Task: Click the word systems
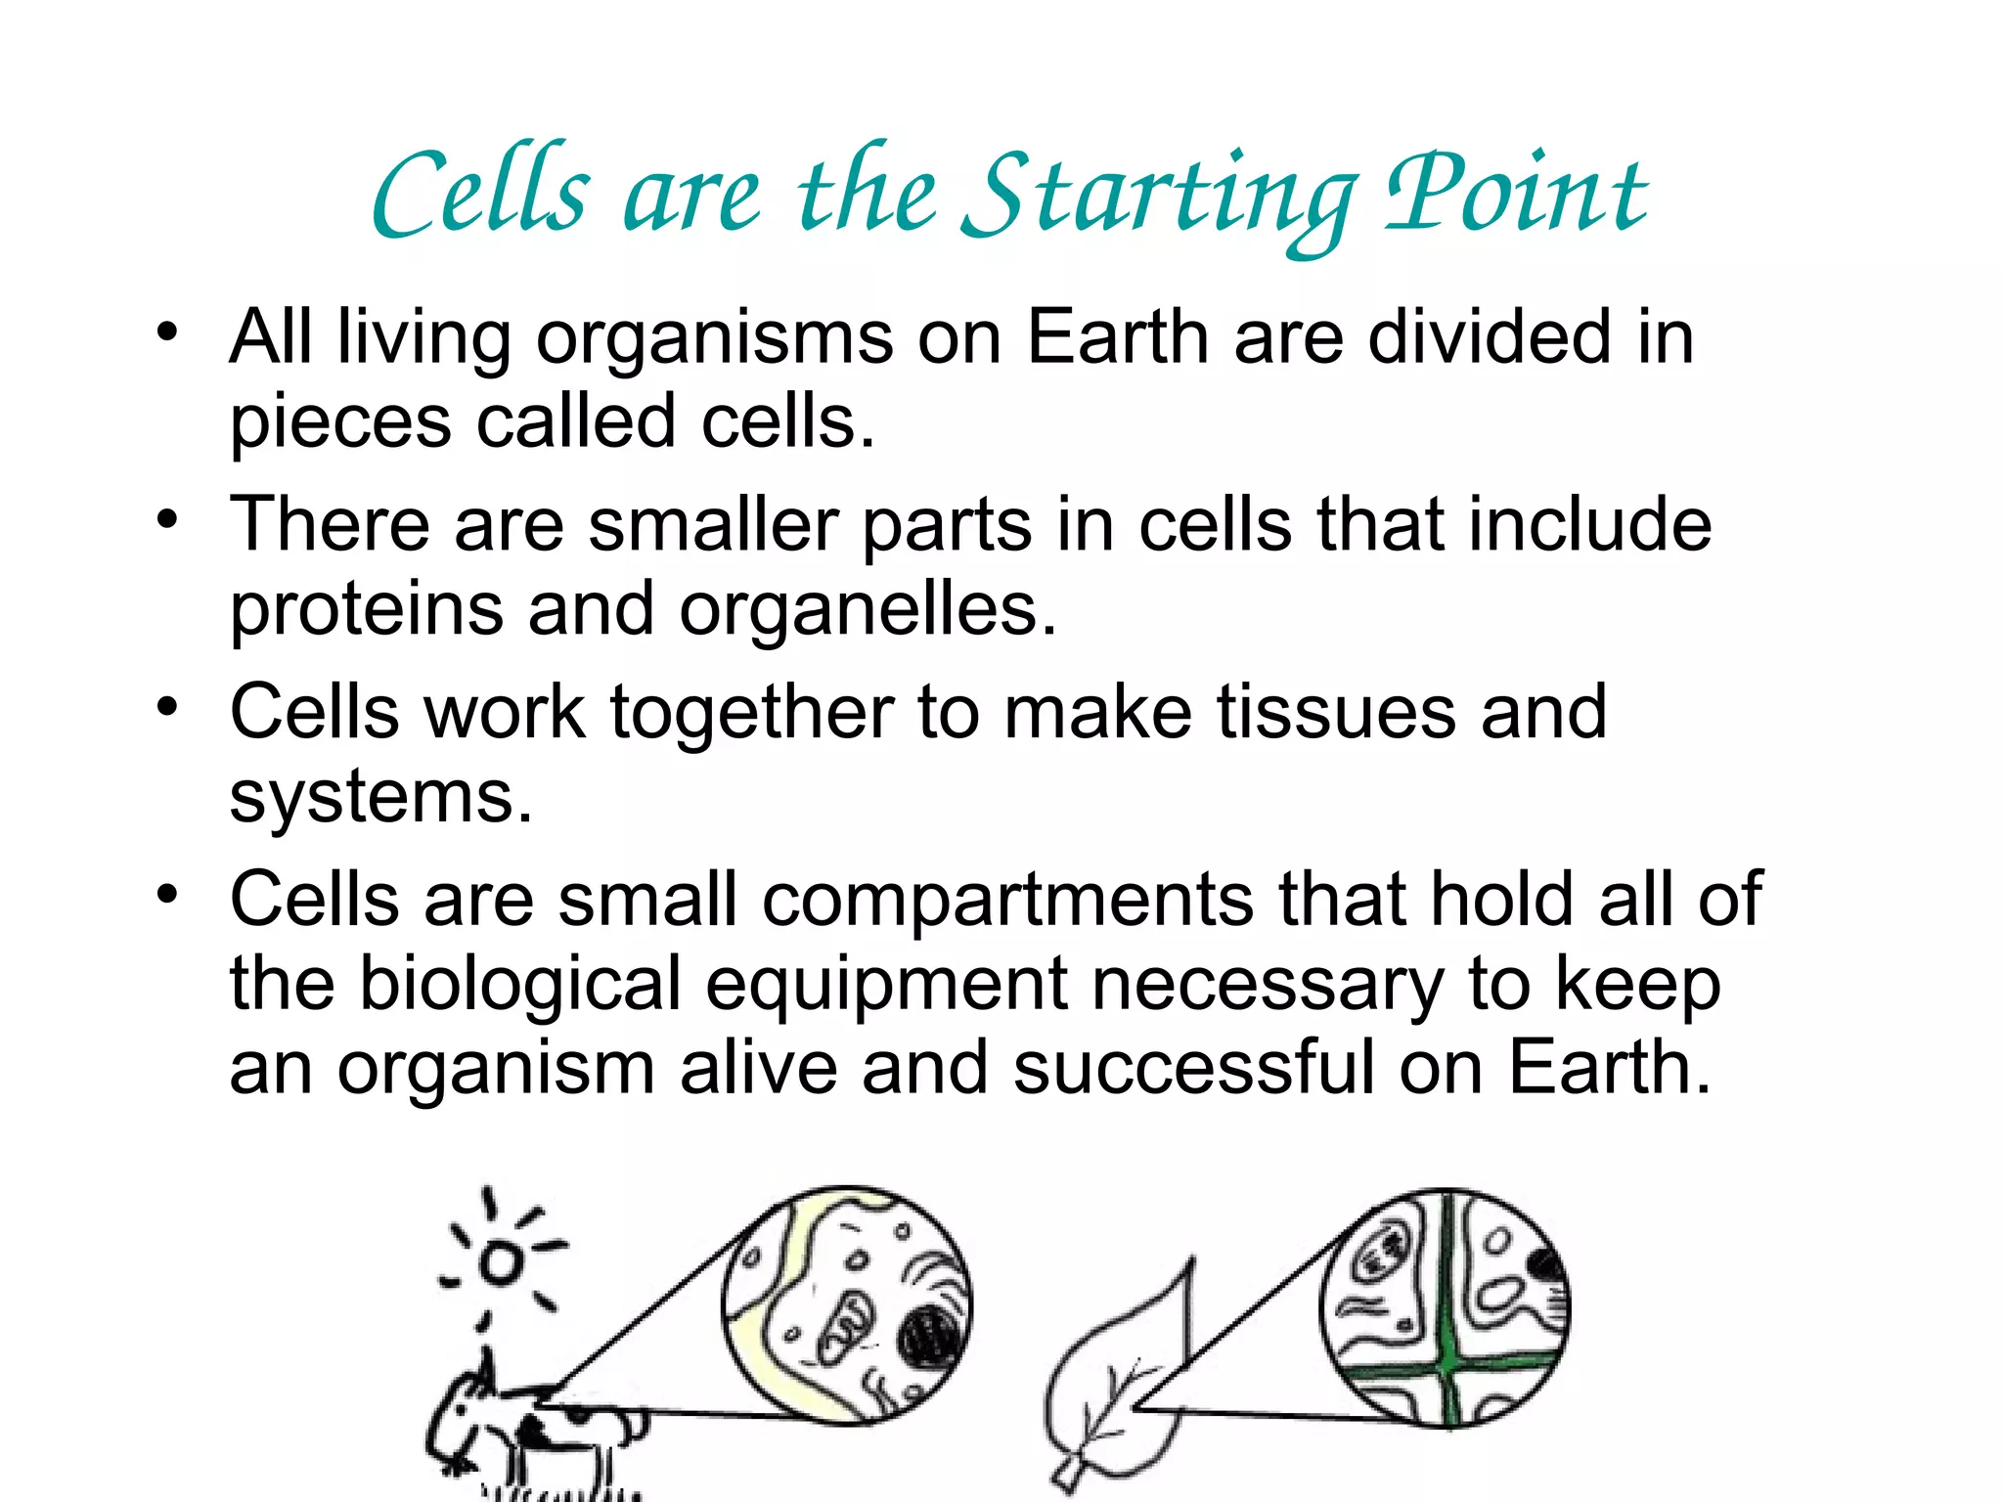click(380, 797)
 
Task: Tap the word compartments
click(1006, 900)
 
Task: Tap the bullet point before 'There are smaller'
click(168, 518)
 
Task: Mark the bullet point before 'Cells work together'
click(168, 706)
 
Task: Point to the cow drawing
click(518, 1428)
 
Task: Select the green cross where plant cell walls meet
click(1448, 1360)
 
